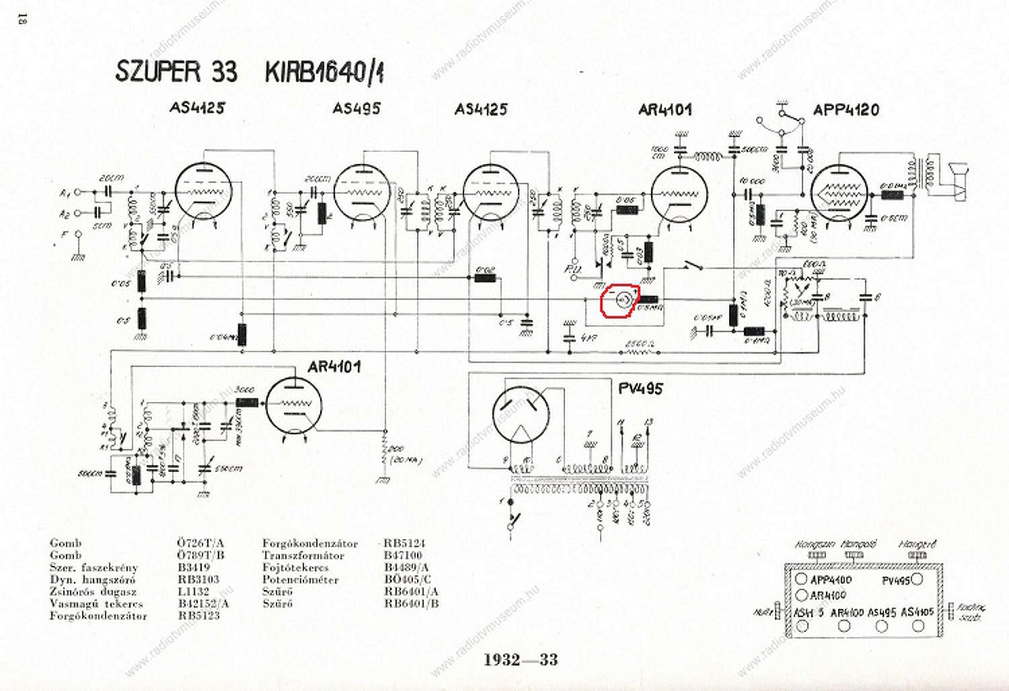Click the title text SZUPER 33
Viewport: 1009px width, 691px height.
tap(176, 72)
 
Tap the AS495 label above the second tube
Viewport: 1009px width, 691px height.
tap(356, 109)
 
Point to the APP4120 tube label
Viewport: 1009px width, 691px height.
tap(847, 110)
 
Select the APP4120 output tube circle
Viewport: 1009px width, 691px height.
tap(840, 194)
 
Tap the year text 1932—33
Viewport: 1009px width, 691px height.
tap(521, 659)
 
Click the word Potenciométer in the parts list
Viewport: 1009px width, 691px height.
tap(300, 580)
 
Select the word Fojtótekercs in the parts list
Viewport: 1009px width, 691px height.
tap(298, 567)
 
